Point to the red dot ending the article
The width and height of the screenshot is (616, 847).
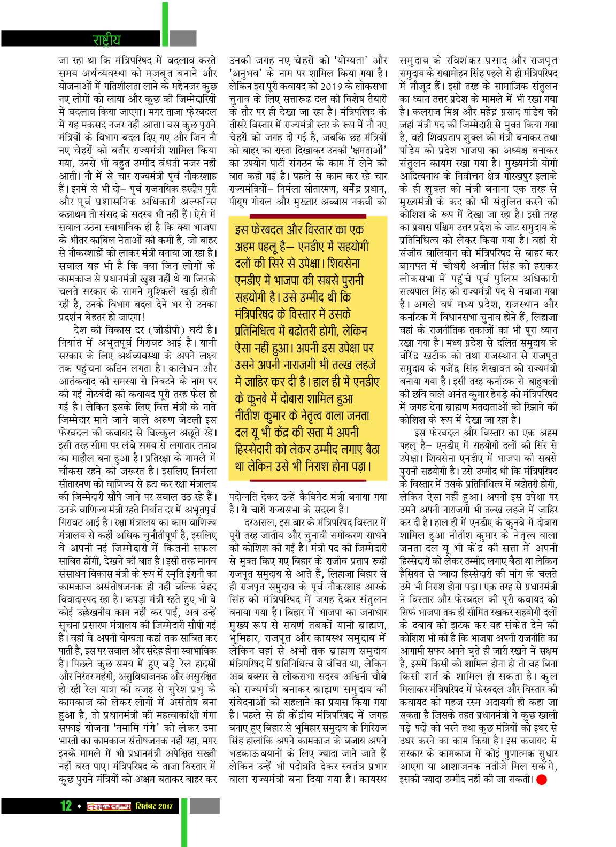pyautogui.click(x=542, y=780)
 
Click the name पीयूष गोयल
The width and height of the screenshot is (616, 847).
pyautogui.click(x=255, y=202)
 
